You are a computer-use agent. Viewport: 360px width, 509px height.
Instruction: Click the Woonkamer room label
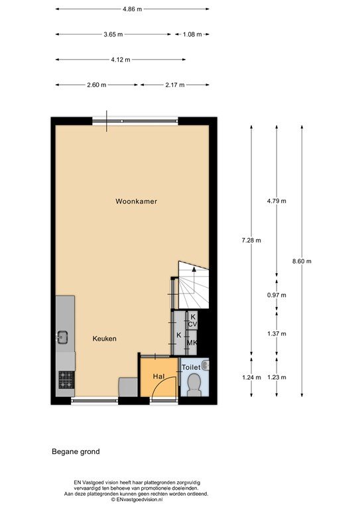click(x=137, y=201)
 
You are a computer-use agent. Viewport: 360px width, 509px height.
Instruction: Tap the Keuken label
click(x=104, y=339)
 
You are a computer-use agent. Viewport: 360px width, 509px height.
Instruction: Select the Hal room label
click(x=158, y=376)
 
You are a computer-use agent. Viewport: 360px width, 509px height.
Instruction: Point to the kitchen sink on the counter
click(x=62, y=337)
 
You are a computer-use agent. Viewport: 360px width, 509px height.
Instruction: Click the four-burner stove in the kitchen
click(x=66, y=380)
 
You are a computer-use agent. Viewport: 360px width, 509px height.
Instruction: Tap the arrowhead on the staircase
click(x=194, y=269)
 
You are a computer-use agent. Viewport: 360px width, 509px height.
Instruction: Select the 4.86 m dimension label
click(x=133, y=9)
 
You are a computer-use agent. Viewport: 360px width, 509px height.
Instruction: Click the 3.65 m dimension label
click(x=113, y=34)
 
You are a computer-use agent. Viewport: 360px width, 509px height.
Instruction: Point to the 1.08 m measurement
click(x=192, y=34)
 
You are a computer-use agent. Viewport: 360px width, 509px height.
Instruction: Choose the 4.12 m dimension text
click(x=121, y=60)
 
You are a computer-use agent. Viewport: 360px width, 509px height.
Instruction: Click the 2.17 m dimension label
click(x=175, y=85)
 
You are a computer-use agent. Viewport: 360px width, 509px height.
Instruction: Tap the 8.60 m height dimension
click(x=302, y=261)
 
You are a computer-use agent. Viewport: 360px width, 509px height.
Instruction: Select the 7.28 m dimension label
click(x=251, y=240)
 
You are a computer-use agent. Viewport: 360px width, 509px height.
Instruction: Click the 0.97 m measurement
click(x=276, y=295)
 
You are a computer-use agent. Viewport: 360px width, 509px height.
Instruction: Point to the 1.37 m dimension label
click(x=276, y=333)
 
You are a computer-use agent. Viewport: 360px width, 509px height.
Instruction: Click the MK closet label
click(x=192, y=343)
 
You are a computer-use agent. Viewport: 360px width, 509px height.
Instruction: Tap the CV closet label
click(x=192, y=323)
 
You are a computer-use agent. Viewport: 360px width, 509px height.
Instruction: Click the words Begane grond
click(x=76, y=451)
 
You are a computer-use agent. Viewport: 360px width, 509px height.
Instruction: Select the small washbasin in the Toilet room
click(x=205, y=366)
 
